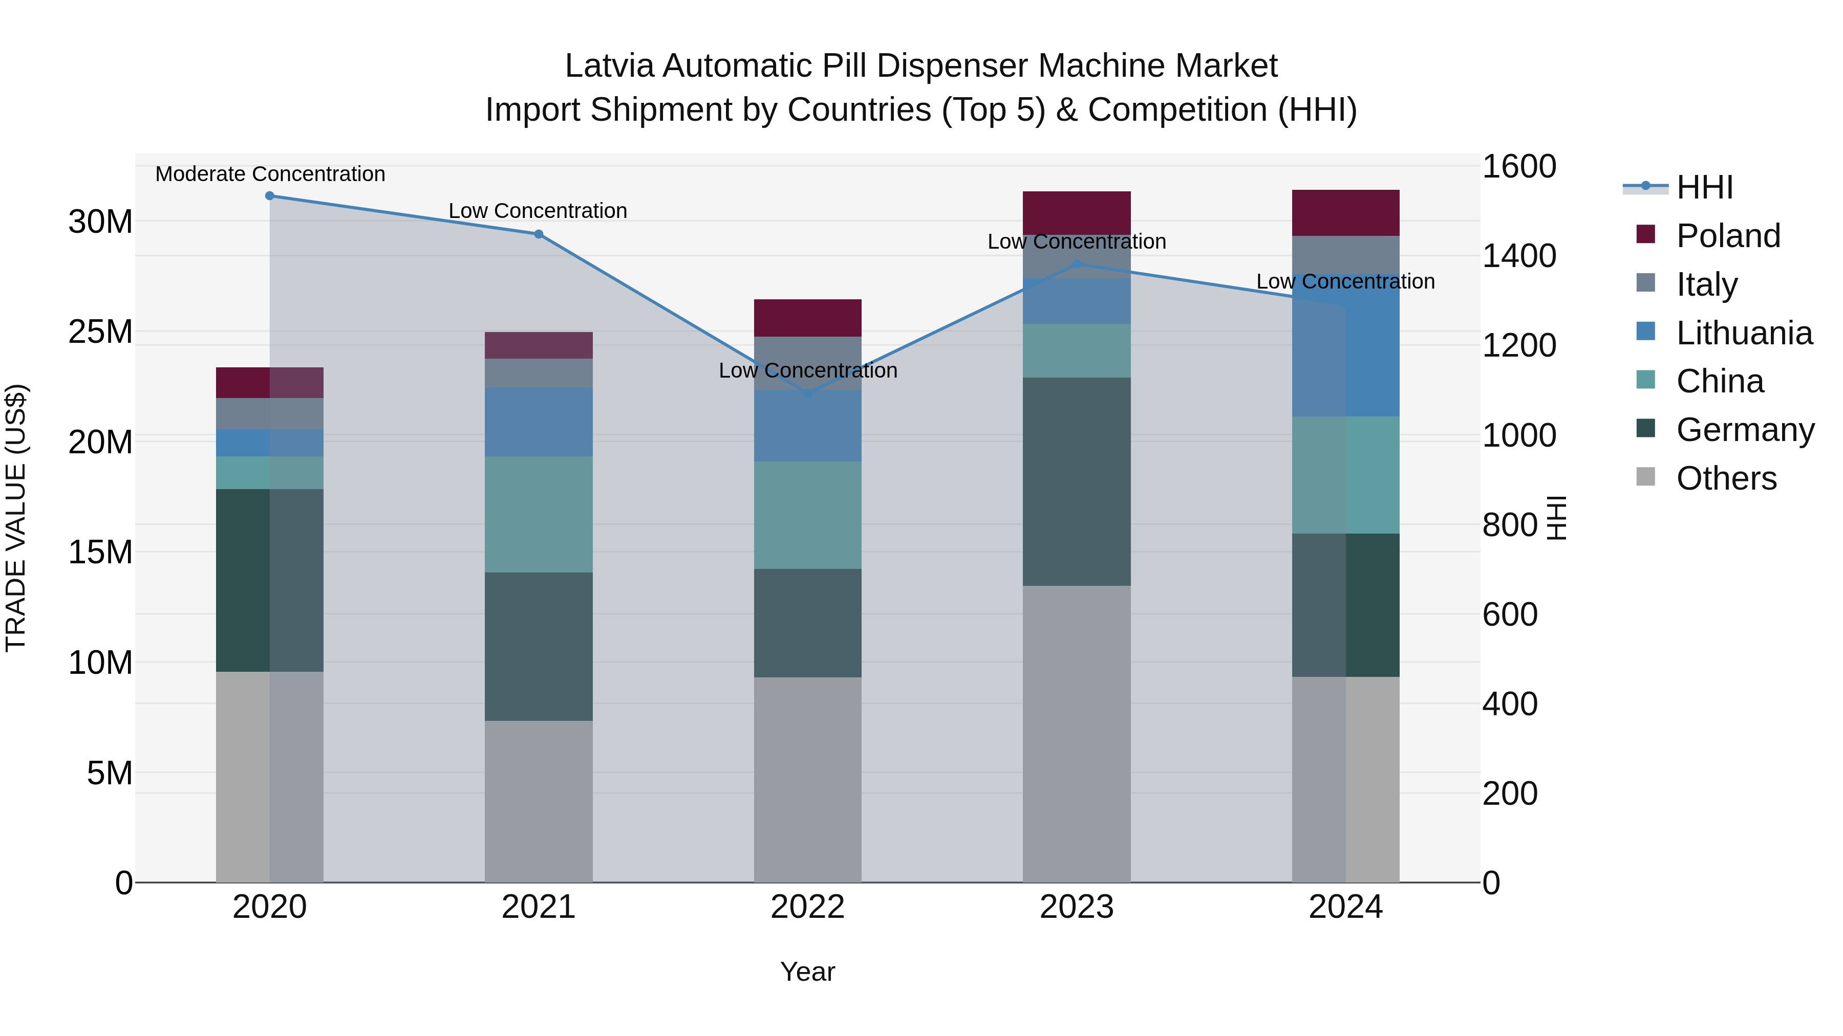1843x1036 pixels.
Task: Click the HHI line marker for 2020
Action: [270, 196]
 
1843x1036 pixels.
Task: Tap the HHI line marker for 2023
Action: [1077, 264]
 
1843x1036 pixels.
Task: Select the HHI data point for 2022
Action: [808, 394]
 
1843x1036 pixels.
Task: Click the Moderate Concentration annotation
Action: [270, 174]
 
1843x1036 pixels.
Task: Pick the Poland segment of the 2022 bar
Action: [808, 318]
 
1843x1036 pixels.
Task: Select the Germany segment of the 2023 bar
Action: [1077, 481]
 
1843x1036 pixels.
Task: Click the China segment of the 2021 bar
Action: [539, 514]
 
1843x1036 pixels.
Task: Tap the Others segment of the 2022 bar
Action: [808, 779]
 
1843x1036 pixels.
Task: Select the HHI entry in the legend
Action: [1704, 187]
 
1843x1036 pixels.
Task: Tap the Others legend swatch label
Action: [1726, 478]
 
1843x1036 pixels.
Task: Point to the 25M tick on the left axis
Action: [100, 332]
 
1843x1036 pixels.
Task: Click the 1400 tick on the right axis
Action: [1518, 256]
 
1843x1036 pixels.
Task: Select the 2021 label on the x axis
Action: [539, 907]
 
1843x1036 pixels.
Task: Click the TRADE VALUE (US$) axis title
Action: [16, 518]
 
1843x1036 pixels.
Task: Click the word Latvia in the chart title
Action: [610, 66]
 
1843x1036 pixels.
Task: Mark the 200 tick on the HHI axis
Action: [1510, 793]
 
